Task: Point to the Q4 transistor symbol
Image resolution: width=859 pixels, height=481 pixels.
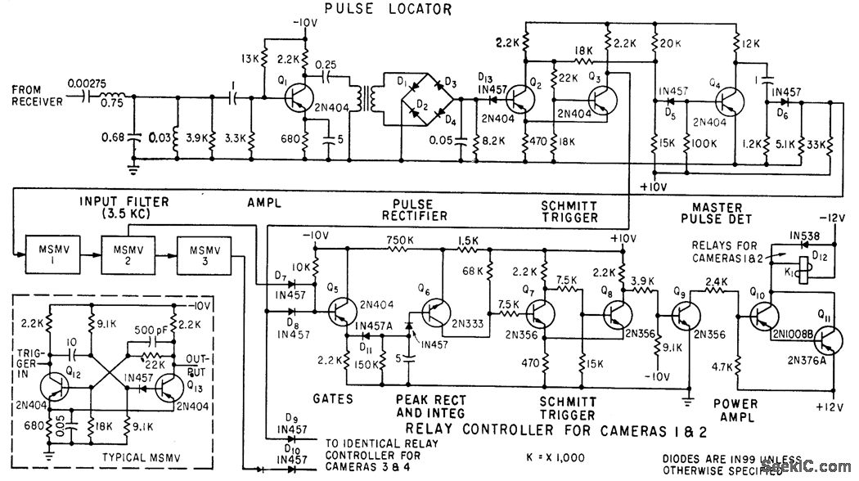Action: (731, 101)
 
